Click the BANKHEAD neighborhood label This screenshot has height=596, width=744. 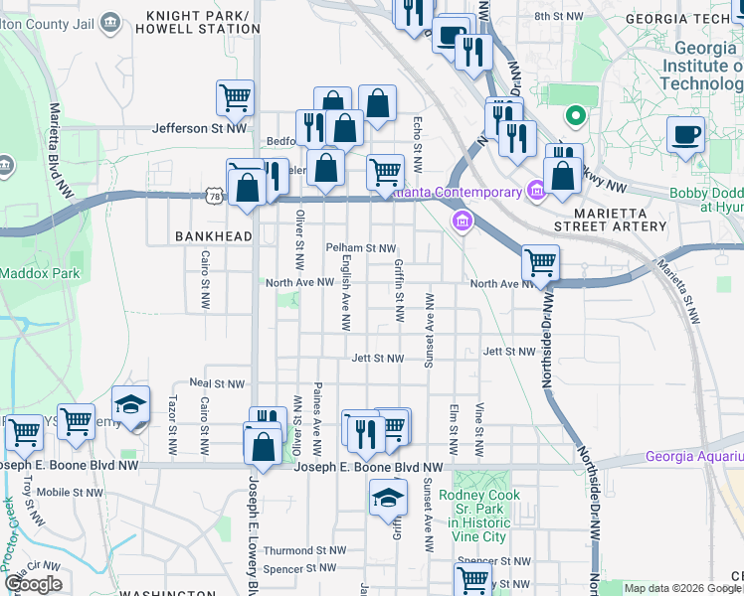[209, 236]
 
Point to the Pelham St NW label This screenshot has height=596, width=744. [361, 247]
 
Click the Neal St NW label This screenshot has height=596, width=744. [217, 383]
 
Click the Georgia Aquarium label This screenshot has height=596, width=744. [693, 457]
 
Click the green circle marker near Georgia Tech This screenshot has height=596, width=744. [574, 117]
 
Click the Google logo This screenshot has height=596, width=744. [34, 584]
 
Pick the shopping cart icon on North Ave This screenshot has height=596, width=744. [540, 263]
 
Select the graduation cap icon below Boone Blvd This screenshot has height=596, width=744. [387, 498]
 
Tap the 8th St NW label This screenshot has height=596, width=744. [559, 17]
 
